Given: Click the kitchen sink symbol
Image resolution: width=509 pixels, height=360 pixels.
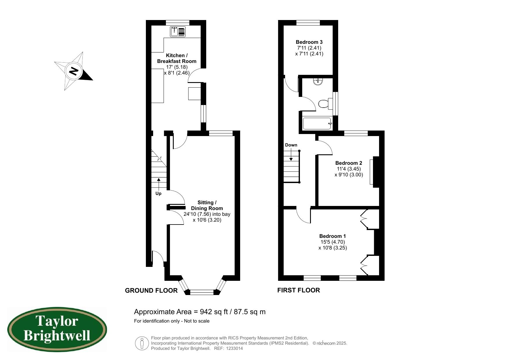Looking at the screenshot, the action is tap(178, 32).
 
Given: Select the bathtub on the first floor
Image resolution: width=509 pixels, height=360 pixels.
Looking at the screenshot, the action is tap(317, 124).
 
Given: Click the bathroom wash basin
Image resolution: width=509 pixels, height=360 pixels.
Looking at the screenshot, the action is tap(318, 81).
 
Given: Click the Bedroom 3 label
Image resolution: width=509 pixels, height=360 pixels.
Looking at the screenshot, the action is tap(309, 42).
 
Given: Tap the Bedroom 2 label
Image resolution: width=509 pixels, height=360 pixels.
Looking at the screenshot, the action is tap(349, 163).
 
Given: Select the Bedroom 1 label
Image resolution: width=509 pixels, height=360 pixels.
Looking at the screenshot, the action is tap(333, 236).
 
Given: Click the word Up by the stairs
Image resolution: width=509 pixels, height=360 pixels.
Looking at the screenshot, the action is tap(158, 193).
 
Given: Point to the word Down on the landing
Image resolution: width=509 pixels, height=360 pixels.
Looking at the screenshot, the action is tap(291, 145).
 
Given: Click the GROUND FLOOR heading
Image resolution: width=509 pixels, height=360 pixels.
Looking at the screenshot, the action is tap(151, 290).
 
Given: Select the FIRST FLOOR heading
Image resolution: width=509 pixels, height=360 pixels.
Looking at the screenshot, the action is tap(298, 290).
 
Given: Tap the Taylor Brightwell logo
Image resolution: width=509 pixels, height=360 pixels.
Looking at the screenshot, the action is tap(57, 330).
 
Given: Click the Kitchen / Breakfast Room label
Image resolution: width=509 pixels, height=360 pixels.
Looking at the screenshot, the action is tap(177, 58).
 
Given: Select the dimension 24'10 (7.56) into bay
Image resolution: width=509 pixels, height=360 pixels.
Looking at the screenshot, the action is tap(207, 214).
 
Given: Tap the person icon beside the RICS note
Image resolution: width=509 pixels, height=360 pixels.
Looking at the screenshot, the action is tap(142, 343).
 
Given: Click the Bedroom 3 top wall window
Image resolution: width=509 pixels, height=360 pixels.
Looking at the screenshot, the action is tap(308, 23).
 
